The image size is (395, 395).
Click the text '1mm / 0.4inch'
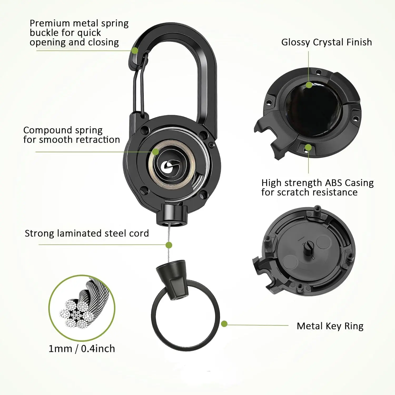click(82, 349)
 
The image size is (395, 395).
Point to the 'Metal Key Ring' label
click(330, 326)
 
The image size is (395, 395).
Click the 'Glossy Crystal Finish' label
click(327, 42)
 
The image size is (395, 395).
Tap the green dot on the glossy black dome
click(309, 85)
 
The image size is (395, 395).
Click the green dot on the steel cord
click(169, 245)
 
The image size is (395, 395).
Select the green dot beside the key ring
click(224, 324)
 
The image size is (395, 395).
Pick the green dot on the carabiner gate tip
click(135, 51)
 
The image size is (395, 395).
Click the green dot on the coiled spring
click(156, 152)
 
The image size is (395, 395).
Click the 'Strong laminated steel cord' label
click(87, 233)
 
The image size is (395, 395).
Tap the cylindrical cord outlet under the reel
click(172, 214)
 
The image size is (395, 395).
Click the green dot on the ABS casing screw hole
click(308, 148)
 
